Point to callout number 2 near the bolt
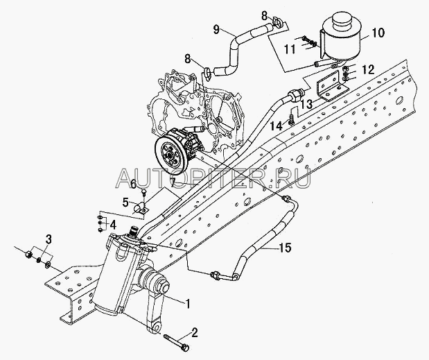pyautogui.click(x=193, y=332)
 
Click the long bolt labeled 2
pyautogui.click(x=177, y=341)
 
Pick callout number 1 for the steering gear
pyautogui.click(x=187, y=303)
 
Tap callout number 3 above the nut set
pyautogui.click(x=48, y=239)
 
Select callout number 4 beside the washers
pyautogui.click(x=113, y=225)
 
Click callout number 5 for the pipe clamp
pyautogui.click(x=125, y=203)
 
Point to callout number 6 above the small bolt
pyautogui.click(x=133, y=184)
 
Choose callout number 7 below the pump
pyautogui.click(x=172, y=182)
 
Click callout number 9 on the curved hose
pyautogui.click(x=216, y=30)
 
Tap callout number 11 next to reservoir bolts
pyautogui.click(x=290, y=49)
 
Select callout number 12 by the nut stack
pyautogui.click(x=369, y=69)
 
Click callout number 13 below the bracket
pyautogui.click(x=306, y=104)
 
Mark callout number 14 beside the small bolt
pyautogui.click(x=276, y=126)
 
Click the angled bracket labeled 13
pyautogui.click(x=332, y=87)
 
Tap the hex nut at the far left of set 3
pyautogui.click(x=28, y=255)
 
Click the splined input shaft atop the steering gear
pyautogui.click(x=134, y=230)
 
